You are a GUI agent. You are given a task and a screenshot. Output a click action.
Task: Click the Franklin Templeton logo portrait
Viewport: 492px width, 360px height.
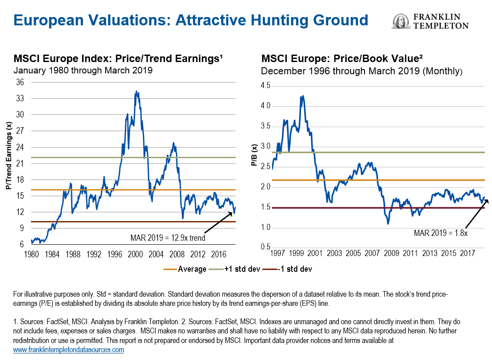400,21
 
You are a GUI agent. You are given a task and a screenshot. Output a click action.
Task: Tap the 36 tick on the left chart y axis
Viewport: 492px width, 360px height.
21,83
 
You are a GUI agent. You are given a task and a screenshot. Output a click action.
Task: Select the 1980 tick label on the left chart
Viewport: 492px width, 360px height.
31,253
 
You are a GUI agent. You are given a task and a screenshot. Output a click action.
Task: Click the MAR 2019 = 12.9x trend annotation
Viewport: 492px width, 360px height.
168,238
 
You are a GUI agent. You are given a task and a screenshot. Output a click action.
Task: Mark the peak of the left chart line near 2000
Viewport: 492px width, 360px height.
137,91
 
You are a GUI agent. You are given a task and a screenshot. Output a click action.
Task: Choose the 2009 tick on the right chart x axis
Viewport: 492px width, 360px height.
391,253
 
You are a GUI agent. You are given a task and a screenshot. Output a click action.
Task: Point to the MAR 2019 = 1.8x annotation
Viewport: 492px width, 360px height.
440,233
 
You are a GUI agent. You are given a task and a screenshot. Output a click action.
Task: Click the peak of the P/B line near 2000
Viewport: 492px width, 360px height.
302,96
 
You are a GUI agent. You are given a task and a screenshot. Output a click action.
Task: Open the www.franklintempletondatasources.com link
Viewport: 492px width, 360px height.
69,350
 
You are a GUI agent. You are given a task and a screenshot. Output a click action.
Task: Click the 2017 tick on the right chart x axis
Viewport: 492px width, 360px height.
467,253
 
